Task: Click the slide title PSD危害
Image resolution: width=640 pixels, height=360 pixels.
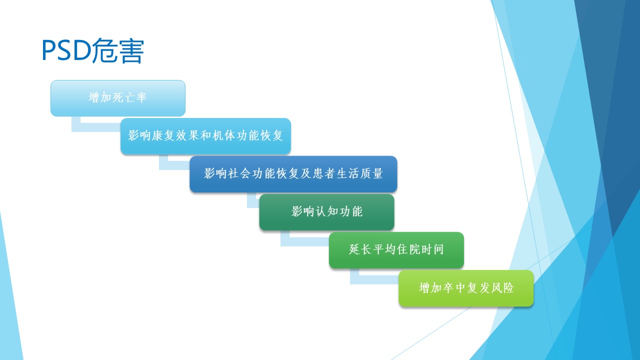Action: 93,50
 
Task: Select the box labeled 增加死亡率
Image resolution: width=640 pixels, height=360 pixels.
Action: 118,98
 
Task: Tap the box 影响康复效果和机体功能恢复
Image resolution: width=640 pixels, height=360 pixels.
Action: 205,136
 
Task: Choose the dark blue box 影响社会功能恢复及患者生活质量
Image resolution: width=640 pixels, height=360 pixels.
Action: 293,174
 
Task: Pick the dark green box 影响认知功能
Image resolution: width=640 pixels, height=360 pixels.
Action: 327,212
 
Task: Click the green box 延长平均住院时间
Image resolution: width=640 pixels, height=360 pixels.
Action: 396,250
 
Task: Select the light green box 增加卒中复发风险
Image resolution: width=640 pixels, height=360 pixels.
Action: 466,288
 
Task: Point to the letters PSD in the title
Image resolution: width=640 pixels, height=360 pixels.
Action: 66,50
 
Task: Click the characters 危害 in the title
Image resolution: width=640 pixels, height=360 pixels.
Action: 117,50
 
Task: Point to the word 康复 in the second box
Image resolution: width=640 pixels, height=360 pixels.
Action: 163,135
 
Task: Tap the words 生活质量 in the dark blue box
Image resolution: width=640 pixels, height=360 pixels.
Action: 359,173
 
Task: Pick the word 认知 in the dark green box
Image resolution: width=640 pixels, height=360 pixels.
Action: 327,211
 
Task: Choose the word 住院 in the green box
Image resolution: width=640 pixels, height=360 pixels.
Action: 408,249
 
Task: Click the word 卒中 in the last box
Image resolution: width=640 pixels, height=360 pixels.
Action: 454,287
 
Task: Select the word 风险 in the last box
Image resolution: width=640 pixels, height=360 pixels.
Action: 502,287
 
